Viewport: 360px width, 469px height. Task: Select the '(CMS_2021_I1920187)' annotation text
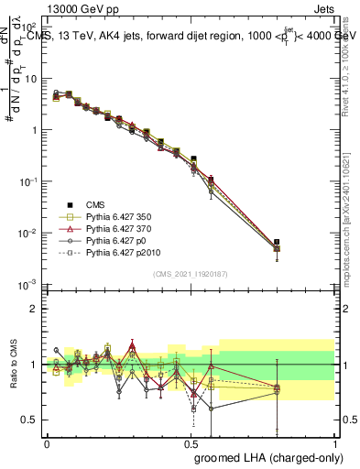[x=191, y=273]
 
